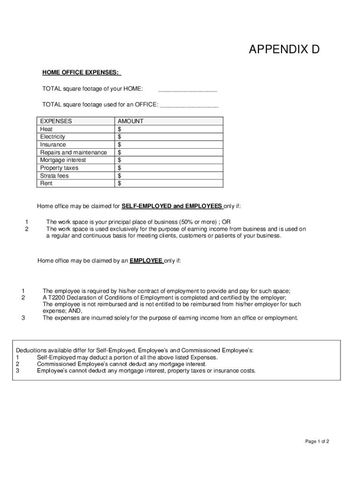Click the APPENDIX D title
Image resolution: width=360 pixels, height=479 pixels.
click(x=284, y=50)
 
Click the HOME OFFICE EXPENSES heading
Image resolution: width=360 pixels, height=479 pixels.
click(x=81, y=73)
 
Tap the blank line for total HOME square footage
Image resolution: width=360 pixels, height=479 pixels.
click(x=187, y=90)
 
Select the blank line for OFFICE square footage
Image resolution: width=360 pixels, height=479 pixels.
click(x=189, y=106)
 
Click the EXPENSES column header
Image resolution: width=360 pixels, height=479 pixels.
click(x=56, y=121)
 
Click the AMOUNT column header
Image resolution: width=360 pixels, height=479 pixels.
click(x=130, y=121)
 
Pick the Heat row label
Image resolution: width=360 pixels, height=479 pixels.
click(x=46, y=129)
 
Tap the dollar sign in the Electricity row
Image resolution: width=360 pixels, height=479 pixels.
click(x=120, y=137)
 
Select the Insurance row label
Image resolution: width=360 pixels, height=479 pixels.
click(x=53, y=145)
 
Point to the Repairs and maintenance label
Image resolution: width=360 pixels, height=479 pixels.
click(x=73, y=152)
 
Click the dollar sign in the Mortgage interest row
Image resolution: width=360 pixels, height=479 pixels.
click(x=120, y=160)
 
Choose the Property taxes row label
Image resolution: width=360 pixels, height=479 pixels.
click(x=59, y=168)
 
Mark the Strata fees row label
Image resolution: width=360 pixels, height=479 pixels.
click(x=54, y=176)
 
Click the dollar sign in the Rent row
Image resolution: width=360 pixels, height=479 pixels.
click(x=120, y=183)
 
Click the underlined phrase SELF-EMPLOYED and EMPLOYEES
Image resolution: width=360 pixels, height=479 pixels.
click(x=172, y=206)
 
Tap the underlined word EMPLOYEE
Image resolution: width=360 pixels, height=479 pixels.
click(x=146, y=261)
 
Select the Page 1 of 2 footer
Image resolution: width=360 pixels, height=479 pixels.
click(x=317, y=441)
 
